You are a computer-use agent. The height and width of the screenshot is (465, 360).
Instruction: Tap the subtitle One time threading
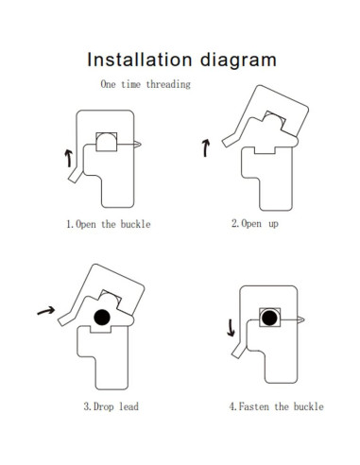point(145,84)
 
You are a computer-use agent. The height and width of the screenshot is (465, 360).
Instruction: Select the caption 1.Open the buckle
point(107,225)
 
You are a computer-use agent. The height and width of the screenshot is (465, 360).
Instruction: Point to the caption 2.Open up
point(255,224)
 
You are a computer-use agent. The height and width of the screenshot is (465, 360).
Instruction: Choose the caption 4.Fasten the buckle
point(275,406)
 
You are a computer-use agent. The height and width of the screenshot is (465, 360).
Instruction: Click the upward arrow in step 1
point(69,156)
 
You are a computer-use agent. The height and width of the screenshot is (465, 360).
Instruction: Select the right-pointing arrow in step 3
point(43,308)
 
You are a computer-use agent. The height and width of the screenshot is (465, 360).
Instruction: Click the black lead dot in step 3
point(101,318)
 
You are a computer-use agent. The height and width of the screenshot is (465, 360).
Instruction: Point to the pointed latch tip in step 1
point(138,144)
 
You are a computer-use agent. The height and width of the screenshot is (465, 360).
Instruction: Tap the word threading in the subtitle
point(169,84)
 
